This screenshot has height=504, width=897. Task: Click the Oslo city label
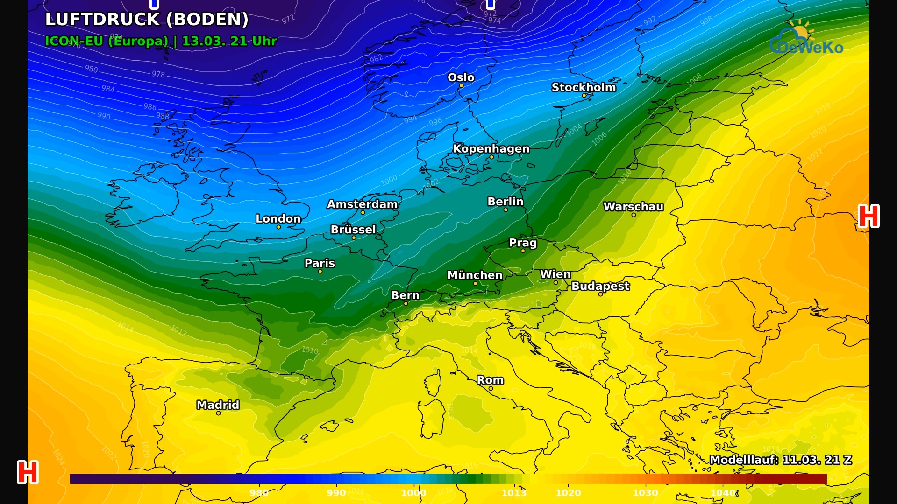click(461, 77)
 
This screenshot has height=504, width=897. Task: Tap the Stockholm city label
click(584, 87)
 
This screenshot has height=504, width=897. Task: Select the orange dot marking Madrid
click(218, 413)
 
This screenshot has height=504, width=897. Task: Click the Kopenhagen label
click(491, 149)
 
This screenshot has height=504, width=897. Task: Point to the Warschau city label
click(633, 207)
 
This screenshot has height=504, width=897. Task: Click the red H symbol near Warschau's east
click(869, 216)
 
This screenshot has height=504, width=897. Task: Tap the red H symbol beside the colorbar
click(28, 472)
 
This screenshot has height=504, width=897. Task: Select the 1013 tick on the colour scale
click(513, 493)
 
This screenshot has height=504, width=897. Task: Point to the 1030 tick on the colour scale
click(645, 493)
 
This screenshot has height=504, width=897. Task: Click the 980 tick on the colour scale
click(258, 493)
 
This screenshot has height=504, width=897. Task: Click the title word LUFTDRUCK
click(103, 20)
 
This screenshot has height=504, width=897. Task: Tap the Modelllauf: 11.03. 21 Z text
click(780, 460)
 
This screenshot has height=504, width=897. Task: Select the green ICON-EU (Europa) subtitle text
click(107, 41)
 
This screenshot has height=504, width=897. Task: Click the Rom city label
click(490, 380)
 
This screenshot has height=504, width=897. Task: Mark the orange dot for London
click(278, 227)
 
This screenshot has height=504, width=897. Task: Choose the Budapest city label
click(600, 286)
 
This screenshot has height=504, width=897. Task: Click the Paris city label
click(320, 263)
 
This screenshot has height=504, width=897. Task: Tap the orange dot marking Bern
click(406, 304)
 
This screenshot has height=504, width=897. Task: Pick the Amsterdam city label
click(362, 204)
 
